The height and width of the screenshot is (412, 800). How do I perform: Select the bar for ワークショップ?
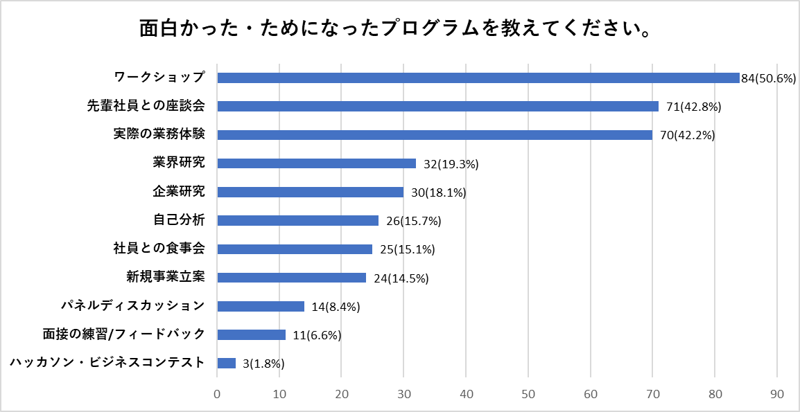pyautogui.click(x=478, y=78)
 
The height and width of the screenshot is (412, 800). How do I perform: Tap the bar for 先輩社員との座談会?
pyautogui.click(x=437, y=106)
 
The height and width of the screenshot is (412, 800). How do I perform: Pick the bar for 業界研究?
pyautogui.click(x=316, y=163)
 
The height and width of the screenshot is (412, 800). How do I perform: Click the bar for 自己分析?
pyautogui.click(x=297, y=220)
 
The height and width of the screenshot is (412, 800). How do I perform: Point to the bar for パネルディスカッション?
pyautogui.click(x=261, y=306)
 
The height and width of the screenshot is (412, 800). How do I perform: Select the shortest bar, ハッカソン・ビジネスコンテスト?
pyautogui.click(x=227, y=363)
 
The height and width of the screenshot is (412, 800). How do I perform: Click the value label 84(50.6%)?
pyautogui.click(x=767, y=78)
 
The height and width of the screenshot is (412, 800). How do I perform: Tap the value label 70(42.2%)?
pyautogui.click(x=687, y=135)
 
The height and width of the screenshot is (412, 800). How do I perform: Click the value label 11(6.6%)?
pyautogui.click(x=317, y=335)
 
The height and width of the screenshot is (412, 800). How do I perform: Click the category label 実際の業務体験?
pyautogui.click(x=159, y=134)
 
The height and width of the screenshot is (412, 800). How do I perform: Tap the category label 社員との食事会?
pyautogui.click(x=159, y=249)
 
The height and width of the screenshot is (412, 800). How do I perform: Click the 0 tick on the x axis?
pyautogui.click(x=218, y=394)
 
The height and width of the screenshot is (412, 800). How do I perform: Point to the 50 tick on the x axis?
pyautogui.click(x=528, y=394)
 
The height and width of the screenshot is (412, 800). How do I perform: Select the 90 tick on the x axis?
pyautogui.click(x=777, y=394)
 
